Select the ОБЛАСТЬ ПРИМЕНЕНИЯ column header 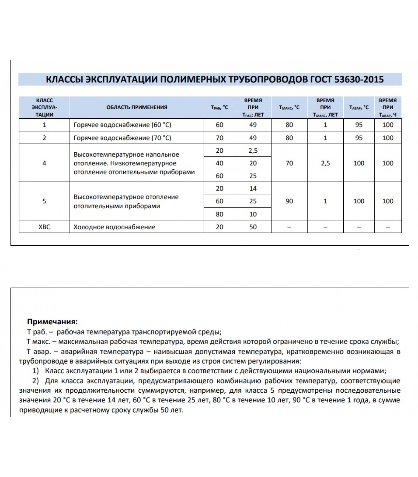tap(137, 107)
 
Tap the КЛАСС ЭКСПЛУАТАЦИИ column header tap(44, 107)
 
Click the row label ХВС tap(44, 227)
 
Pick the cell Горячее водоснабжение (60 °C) tap(122, 125)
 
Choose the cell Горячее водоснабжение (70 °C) tap(122, 138)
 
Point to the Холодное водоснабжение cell tap(115, 227)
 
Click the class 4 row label tap(44, 163)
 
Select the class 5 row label tap(44, 201)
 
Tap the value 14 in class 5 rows tap(253, 188)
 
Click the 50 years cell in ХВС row tap(253, 227)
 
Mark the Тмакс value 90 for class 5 tap(289, 201)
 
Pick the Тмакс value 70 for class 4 tap(289, 163)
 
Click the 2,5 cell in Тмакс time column tap(325, 163)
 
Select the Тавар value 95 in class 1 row tap(359, 125)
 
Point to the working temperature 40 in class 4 tap(219, 163)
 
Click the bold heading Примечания tap(52, 322)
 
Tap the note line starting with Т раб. tap(124, 332)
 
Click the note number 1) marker tap(36, 371)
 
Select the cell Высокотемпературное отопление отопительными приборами tap(126, 201)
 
